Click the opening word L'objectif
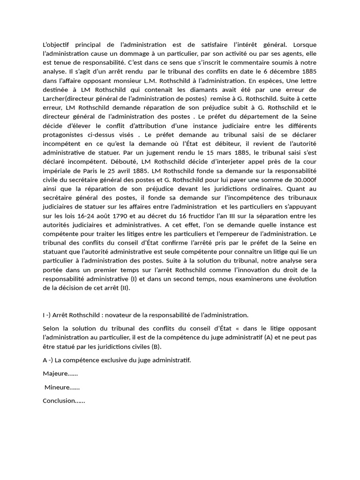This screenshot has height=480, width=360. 55,45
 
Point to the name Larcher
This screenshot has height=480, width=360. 53,98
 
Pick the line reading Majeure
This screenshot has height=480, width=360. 60,374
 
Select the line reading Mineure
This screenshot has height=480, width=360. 62,387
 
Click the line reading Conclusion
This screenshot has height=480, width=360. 64,401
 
